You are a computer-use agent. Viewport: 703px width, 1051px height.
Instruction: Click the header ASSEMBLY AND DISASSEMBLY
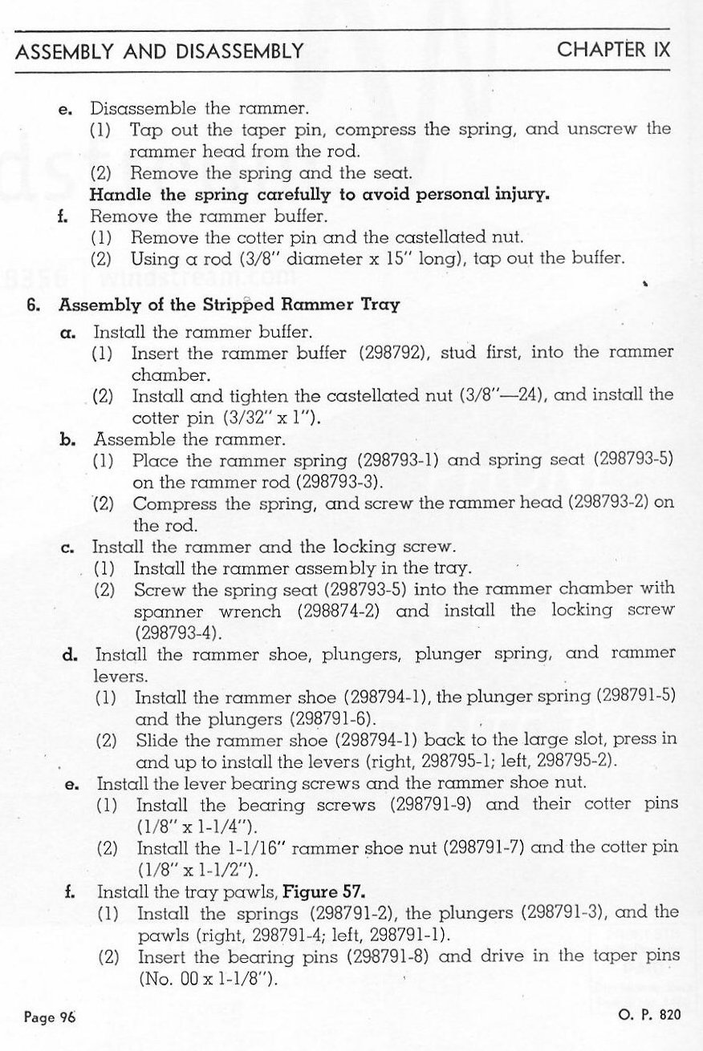tap(159, 52)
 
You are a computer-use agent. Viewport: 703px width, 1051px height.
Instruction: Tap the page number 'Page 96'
tap(50, 1018)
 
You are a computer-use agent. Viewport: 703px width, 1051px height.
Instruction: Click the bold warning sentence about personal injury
tap(319, 194)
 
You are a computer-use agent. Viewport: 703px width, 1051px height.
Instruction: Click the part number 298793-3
tap(336, 483)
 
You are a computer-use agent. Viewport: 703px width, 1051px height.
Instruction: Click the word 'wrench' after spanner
tap(250, 611)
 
